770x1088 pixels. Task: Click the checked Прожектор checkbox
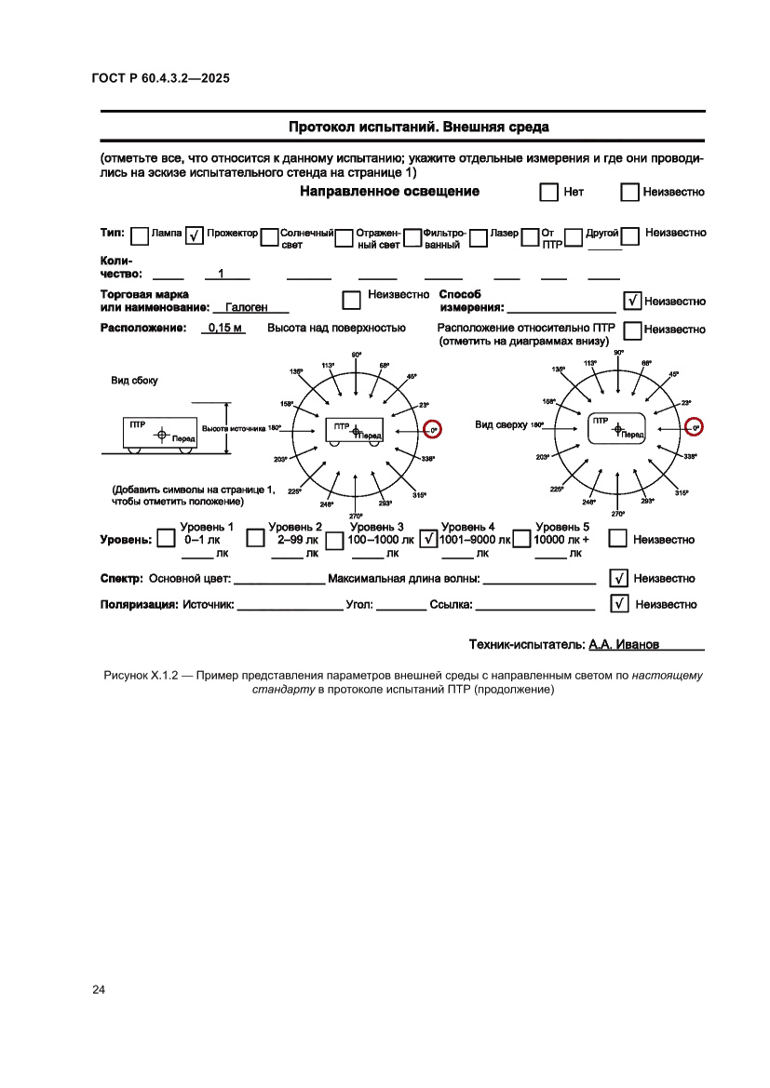pos(195,236)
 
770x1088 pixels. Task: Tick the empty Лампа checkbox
pos(139,236)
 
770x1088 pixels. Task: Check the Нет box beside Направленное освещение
pos(548,193)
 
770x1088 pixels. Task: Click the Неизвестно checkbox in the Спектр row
pos(618,578)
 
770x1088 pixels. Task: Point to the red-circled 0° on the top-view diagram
pos(694,427)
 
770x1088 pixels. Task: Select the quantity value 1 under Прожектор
pos(221,274)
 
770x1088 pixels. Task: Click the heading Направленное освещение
pos(389,192)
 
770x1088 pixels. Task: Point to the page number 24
pos(99,989)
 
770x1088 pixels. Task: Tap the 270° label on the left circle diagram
pos(356,517)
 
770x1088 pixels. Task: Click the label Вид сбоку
pos(134,381)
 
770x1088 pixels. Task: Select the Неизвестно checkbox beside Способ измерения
pos(632,301)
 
